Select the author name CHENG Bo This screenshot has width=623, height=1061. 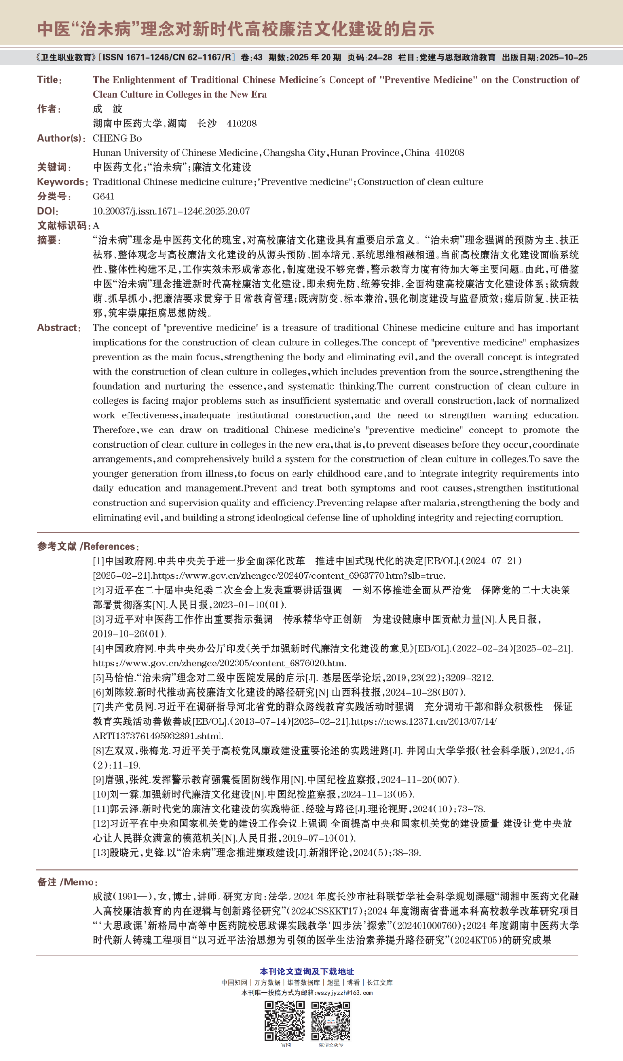tap(117, 138)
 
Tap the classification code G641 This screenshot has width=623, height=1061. tap(104, 197)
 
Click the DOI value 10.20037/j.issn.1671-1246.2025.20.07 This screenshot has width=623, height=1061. tap(171, 211)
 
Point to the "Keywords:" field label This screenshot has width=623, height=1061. tap(62, 182)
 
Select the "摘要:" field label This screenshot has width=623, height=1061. tap(50, 240)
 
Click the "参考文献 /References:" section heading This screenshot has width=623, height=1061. tap(88, 546)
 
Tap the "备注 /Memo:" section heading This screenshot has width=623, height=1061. tap(68, 882)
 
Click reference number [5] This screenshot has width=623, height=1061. tap(98, 678)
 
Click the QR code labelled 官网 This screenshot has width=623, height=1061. tap(285, 1020)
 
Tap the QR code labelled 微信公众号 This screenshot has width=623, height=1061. tap(331, 1020)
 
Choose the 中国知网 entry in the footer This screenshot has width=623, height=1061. tap(234, 982)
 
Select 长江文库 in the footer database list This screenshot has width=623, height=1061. tap(380, 982)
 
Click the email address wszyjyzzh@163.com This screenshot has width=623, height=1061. tap(344, 993)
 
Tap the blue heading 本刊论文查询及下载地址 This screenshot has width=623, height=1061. tap(307, 971)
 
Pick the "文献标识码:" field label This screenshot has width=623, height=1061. tap(64, 226)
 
